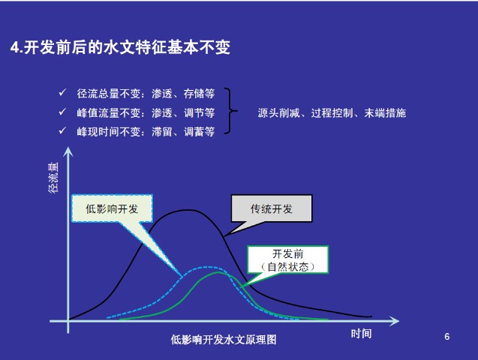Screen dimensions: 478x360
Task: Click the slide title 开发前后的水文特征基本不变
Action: point(127,47)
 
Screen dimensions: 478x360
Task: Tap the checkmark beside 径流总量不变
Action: point(62,92)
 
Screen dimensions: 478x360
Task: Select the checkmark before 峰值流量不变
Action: point(62,112)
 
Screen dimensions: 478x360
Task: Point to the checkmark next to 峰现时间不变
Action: point(62,130)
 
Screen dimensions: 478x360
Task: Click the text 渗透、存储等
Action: point(183,94)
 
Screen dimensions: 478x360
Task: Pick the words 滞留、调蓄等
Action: point(183,132)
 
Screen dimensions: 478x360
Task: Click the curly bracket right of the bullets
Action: point(230,111)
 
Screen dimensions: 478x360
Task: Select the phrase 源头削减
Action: point(278,113)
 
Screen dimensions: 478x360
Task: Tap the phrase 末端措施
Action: point(385,113)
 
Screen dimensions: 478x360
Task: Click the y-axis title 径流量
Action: point(53,178)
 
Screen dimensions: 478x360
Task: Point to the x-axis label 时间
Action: point(361,334)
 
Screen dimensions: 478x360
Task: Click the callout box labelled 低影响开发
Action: point(112,208)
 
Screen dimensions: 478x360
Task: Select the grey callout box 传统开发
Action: point(272,208)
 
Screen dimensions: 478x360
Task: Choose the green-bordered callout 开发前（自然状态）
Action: point(288,259)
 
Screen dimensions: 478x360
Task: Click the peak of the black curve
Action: point(188,210)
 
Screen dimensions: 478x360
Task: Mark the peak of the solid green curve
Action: point(218,272)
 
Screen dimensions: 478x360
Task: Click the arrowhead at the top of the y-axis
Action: point(68,151)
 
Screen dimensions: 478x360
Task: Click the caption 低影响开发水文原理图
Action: point(224,340)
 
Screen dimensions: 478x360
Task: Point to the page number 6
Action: point(447,337)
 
